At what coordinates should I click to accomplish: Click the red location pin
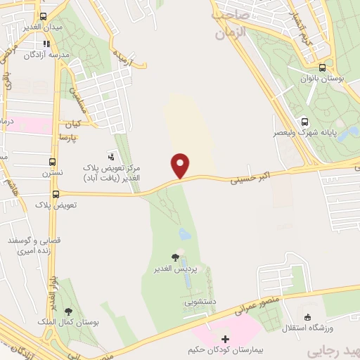pyautogui.click(x=181, y=165)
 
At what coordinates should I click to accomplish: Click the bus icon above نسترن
pyautogui.click(x=52, y=161)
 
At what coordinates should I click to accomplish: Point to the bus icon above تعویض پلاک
pyautogui.click(x=56, y=194)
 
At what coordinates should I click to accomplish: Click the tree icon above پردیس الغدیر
pyautogui.click(x=175, y=258)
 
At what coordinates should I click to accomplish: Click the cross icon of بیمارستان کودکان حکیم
pyautogui.click(x=225, y=339)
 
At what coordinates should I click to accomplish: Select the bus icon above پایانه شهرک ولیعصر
pyautogui.click(x=304, y=120)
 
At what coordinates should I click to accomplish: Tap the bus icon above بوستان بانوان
pyautogui.click(x=322, y=68)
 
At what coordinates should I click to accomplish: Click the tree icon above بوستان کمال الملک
pyautogui.click(x=68, y=311)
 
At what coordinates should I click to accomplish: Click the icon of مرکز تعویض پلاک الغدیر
pyautogui.click(x=110, y=155)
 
